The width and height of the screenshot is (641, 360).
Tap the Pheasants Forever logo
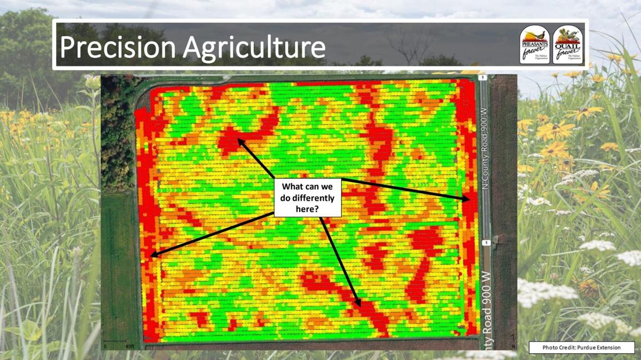(535, 45)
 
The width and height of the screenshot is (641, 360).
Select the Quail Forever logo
(568, 45)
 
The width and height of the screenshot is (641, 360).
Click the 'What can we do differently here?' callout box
(307, 198)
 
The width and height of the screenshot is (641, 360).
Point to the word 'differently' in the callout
(307, 198)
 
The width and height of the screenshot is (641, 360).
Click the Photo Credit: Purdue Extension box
(581, 347)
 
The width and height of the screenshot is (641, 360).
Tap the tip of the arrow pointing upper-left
(238, 139)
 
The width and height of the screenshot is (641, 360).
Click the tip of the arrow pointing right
(470, 199)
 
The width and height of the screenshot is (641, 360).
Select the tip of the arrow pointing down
(360, 307)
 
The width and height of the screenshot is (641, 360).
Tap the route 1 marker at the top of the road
(482, 78)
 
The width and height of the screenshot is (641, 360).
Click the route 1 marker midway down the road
(486, 243)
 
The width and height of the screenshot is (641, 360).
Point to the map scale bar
(114, 341)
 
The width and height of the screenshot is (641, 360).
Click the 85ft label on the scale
(130, 346)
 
